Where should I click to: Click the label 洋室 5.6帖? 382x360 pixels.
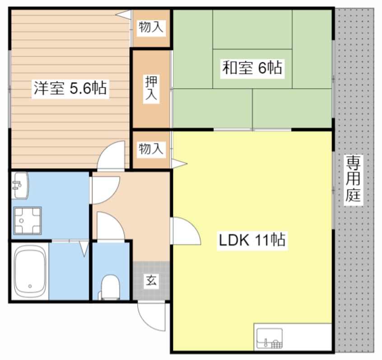pos(70,88)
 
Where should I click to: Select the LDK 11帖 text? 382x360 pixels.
pos(252,239)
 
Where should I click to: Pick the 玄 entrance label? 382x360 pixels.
pos(151,281)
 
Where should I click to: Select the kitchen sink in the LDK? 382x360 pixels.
pos(270,337)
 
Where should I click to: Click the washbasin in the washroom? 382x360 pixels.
pos(19,186)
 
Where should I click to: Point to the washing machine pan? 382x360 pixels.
pos(27,220)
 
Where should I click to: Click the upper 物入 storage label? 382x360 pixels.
pos(151,28)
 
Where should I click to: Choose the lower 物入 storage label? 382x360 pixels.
pos(151,149)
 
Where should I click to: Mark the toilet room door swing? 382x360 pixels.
pos(110,227)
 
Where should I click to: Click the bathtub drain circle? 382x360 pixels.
pos(30,286)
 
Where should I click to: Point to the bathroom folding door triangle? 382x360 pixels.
pos(84,249)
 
